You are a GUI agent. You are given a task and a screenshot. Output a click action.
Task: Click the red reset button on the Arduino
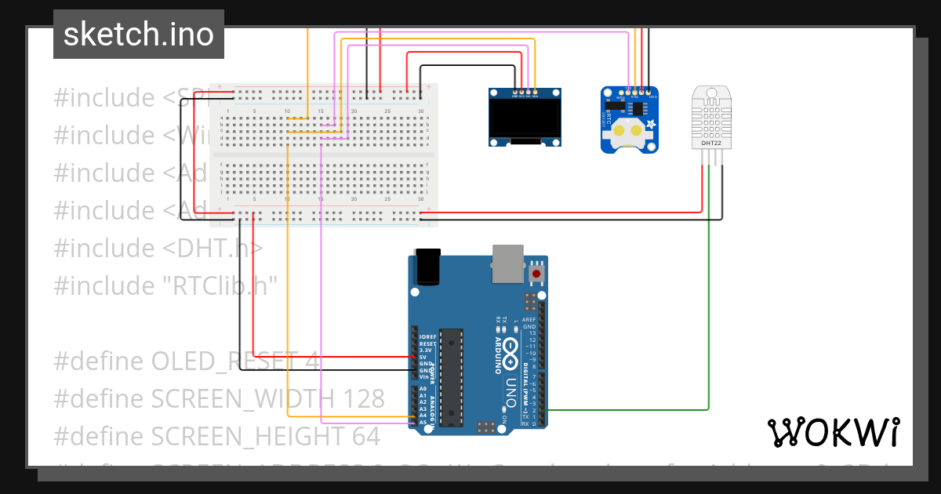537,274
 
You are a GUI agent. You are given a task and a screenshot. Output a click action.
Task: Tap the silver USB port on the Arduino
508,263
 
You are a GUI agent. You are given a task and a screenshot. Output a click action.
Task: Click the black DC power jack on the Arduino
427,267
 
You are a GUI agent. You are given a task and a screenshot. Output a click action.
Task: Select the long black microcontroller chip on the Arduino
451,377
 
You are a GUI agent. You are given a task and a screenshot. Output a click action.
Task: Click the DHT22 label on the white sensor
710,143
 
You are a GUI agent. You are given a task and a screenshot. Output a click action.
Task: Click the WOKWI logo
833,432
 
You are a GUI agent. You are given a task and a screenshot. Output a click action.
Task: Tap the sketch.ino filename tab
139,35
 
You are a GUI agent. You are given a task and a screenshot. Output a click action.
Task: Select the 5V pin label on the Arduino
423,357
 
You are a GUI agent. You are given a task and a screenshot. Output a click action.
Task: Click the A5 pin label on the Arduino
423,422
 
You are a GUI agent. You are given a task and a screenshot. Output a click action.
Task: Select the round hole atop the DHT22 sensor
711,93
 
